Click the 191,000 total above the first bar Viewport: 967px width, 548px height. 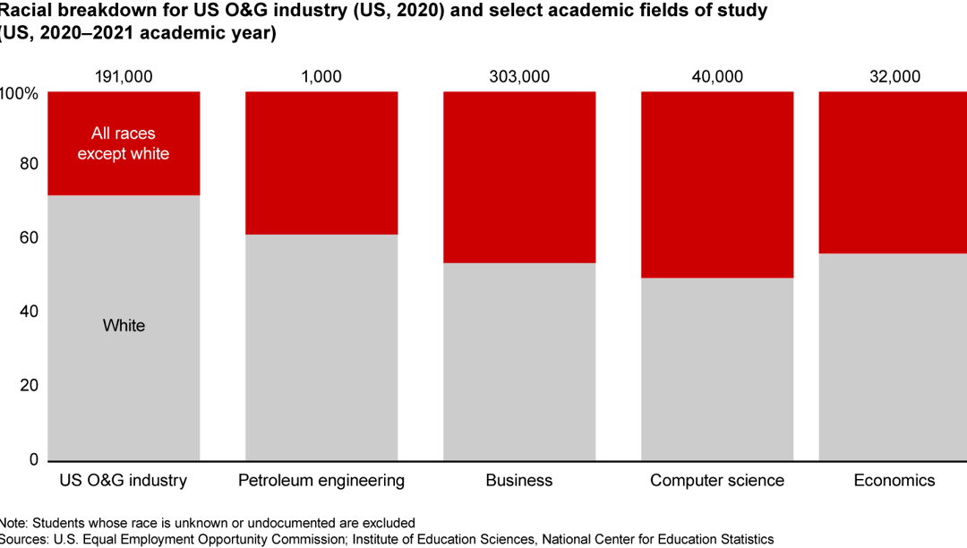coord(124,76)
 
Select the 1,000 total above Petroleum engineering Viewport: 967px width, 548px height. coord(321,76)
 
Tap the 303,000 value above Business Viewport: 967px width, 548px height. coord(519,76)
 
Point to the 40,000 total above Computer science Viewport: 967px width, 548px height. coord(716,76)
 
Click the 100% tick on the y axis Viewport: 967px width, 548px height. coord(19,93)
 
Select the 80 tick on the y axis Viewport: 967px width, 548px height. coord(29,164)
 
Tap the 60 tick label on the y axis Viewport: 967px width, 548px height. coord(29,238)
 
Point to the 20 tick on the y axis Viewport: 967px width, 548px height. coord(29,386)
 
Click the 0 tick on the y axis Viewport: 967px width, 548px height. coord(33,459)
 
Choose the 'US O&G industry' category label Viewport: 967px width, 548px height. coord(124,481)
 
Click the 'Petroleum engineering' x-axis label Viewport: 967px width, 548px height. coord(321,481)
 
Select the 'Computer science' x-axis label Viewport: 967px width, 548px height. coord(716,481)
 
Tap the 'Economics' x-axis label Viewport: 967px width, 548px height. coord(894,481)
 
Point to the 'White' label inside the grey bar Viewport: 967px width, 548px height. coord(124,325)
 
